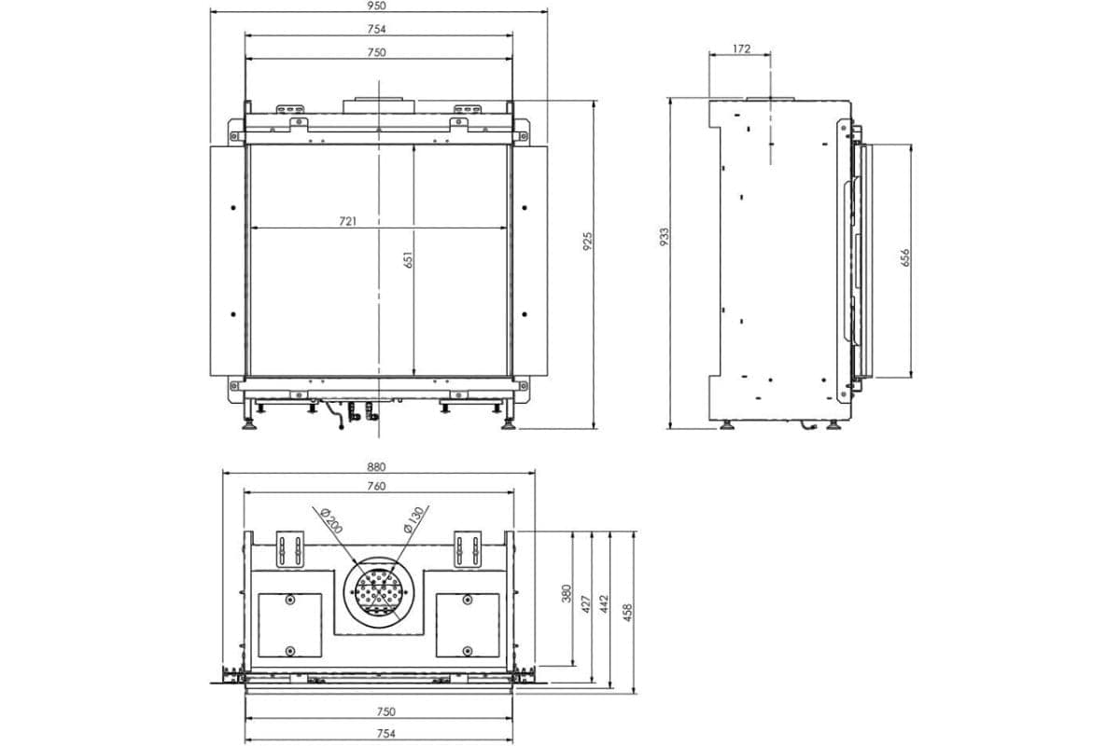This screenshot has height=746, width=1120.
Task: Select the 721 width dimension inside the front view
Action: click(x=348, y=222)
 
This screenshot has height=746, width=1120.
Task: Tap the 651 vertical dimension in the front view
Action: click(x=408, y=260)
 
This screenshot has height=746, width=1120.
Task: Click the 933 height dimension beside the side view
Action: click(x=664, y=235)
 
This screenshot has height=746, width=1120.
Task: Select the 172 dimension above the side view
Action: click(x=741, y=49)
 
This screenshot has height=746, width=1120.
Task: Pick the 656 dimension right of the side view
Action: click(x=904, y=258)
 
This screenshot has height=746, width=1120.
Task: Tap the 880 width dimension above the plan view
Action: click(x=376, y=467)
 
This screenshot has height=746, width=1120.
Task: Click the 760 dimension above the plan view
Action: click(x=376, y=486)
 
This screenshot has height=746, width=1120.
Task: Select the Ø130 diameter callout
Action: click(x=414, y=518)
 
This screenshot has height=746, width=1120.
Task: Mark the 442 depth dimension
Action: click(x=604, y=603)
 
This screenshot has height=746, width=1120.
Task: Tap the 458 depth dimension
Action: click(x=628, y=611)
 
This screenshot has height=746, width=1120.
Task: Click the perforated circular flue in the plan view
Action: click(x=378, y=591)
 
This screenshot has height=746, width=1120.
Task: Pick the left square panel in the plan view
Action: click(x=289, y=624)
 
